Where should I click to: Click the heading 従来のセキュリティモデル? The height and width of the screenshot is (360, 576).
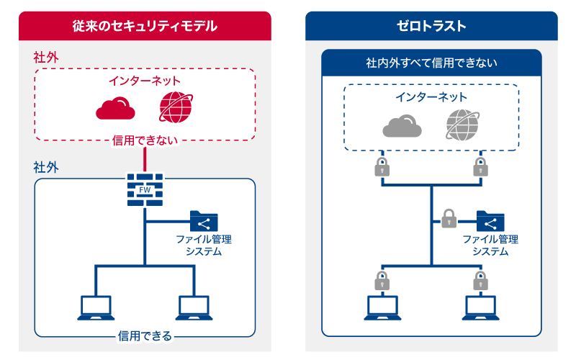[145, 26]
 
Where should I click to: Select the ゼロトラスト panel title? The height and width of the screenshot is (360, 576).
[431, 26]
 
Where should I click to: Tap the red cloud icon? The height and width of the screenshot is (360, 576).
[115, 108]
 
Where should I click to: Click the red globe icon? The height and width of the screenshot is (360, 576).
[176, 107]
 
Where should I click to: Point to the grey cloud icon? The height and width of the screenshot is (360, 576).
[400, 126]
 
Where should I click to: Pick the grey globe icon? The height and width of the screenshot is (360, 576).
[462, 125]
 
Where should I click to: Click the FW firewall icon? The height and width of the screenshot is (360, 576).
[145, 190]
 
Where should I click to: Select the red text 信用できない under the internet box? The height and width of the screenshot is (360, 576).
[145, 140]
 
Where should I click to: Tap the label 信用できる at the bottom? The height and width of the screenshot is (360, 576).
[145, 336]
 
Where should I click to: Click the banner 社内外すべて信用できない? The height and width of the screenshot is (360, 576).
[431, 63]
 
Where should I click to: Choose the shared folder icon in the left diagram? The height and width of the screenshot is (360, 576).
[204, 221]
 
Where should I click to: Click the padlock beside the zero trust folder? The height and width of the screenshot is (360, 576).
[449, 218]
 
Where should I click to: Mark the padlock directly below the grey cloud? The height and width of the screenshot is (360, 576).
[382, 167]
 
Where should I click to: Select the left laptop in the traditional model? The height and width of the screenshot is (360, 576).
[96, 307]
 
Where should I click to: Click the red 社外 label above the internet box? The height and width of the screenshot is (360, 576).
[45, 57]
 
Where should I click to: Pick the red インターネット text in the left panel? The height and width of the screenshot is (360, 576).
[145, 81]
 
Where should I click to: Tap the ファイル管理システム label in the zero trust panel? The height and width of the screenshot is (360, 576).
[490, 245]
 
